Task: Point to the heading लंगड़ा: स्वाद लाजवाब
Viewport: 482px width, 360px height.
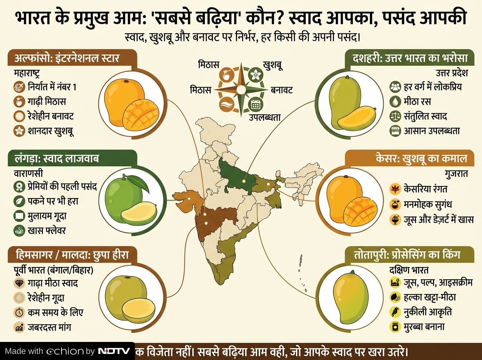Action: point(54,159)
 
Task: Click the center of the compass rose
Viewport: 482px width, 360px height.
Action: point(241,89)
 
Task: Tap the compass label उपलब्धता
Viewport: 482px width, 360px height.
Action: point(264,117)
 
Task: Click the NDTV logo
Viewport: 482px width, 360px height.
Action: point(114,351)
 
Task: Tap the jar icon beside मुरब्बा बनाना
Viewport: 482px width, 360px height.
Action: point(395,326)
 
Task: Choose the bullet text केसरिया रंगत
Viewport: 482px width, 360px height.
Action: point(426,188)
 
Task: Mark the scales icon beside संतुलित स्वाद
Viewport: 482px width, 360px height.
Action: point(395,116)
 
